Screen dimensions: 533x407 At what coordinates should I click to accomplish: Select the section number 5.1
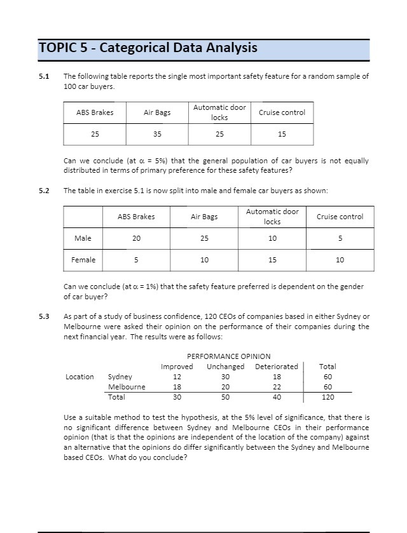pos(44,76)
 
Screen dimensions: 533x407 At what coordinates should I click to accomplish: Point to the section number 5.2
pos(44,191)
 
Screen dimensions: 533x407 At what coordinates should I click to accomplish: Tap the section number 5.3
pos(44,316)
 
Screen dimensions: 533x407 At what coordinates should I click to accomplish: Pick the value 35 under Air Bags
pos(157,134)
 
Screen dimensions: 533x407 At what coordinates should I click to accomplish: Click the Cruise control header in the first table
pos(282,112)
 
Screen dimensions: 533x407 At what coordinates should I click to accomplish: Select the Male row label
pos(83,238)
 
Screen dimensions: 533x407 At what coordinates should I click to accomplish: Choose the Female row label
pos(83,259)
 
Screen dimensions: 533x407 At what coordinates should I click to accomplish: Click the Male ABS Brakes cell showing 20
pos(136,238)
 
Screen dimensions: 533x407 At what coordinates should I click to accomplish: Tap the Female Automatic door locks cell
pos(272,259)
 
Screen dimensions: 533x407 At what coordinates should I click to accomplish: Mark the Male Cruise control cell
pos(340,238)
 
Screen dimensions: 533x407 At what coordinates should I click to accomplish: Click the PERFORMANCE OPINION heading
pos(229,356)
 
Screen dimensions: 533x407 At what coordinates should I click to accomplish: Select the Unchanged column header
pos(225,367)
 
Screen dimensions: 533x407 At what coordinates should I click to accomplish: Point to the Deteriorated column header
pos(276,367)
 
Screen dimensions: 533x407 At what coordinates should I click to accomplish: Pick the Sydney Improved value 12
pos(177,377)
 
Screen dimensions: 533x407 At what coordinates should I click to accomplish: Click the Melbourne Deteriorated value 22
pos(276,387)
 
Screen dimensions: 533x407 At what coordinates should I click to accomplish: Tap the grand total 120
pos(328,397)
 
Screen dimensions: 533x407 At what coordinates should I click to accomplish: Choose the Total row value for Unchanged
pos(225,397)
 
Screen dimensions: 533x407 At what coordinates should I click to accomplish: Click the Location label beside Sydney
pos(79,377)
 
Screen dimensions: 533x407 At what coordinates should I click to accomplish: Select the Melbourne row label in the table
pos(127,387)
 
